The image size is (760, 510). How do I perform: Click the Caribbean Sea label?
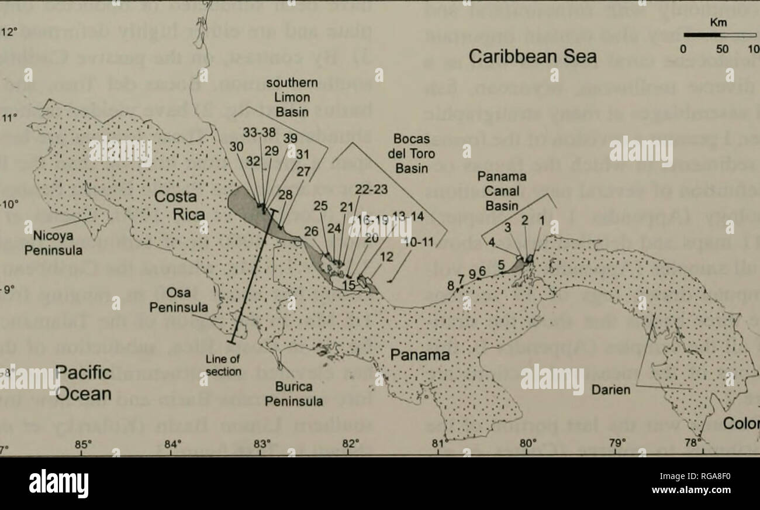(534, 56)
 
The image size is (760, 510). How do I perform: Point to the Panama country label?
(417, 355)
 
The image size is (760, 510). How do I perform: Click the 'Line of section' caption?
(223, 364)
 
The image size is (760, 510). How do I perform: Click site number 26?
(311, 232)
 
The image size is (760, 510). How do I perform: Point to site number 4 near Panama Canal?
(492, 240)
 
